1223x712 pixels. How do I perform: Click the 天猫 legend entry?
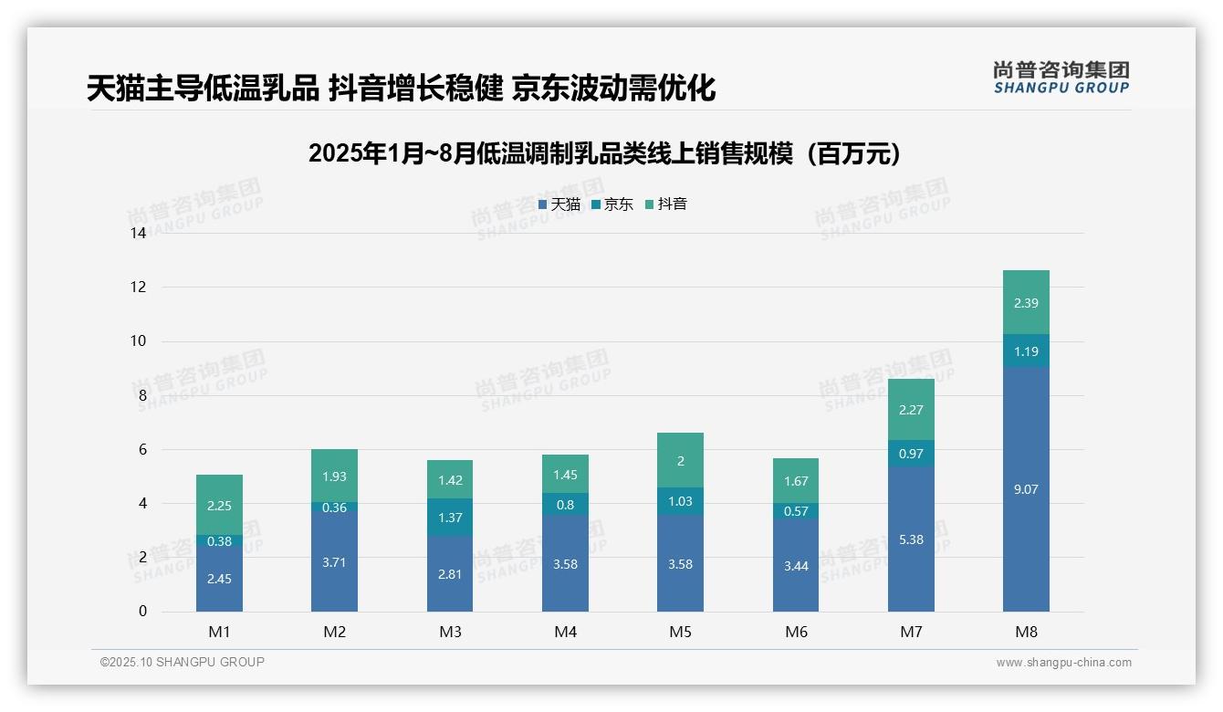coord(559,204)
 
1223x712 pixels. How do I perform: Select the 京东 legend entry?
coord(612,204)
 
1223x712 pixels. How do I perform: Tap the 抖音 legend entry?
coord(666,204)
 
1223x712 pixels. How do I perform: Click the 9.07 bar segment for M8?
coord(1026,489)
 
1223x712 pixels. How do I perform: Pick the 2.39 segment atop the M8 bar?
coord(1026,302)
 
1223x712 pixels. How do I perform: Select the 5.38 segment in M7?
coord(911,539)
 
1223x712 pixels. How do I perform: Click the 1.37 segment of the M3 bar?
coord(450,517)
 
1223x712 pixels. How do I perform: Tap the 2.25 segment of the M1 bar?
coord(219,505)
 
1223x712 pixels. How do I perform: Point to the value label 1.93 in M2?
coord(334,476)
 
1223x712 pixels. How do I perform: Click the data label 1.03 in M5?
coord(680,501)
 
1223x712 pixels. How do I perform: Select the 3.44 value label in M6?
coord(796,566)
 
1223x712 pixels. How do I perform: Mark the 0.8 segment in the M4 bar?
coord(565,504)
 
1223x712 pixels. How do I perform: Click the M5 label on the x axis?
coord(680,632)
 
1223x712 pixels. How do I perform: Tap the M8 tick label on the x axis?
coord(1026,632)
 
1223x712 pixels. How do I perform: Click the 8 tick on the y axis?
coord(141,395)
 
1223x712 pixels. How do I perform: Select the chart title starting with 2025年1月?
coord(604,153)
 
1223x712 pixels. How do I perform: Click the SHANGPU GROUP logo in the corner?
coord(1061,77)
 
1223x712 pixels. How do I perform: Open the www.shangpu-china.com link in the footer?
coord(1063,663)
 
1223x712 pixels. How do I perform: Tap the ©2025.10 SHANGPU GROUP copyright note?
coord(183,663)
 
